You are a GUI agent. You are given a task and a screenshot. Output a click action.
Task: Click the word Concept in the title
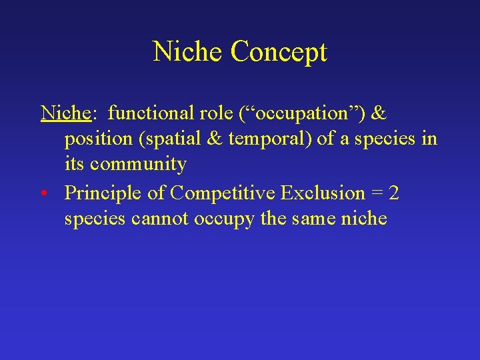(x=279, y=52)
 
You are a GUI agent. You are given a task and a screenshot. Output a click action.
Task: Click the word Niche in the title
(x=189, y=51)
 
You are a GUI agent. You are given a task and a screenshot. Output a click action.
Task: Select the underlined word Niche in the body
(x=65, y=113)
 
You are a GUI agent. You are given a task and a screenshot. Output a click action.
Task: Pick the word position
(x=94, y=139)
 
